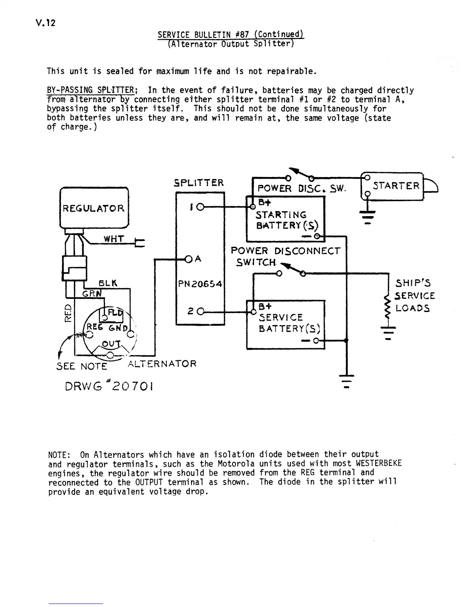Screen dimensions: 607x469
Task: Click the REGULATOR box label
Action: pyautogui.click(x=93, y=208)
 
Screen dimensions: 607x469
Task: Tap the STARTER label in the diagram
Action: pyautogui.click(x=396, y=186)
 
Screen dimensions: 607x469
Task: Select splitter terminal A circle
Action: pyautogui.click(x=189, y=259)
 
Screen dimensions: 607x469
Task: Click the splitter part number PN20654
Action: pyautogui.click(x=200, y=284)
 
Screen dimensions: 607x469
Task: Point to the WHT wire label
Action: pyautogui.click(x=114, y=239)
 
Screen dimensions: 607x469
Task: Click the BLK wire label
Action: pyautogui.click(x=108, y=284)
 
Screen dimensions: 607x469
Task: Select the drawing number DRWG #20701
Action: pyautogui.click(x=110, y=386)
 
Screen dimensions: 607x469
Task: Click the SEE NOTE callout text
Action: pyautogui.click(x=82, y=366)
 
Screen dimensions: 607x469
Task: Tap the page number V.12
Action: pyautogui.click(x=44, y=23)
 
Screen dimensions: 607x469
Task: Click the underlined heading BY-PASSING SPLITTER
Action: pyautogui.click(x=90, y=91)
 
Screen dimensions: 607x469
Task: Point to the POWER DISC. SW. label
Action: pyautogui.click(x=302, y=189)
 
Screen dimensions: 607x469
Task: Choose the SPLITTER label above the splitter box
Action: pyautogui.click(x=198, y=183)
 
